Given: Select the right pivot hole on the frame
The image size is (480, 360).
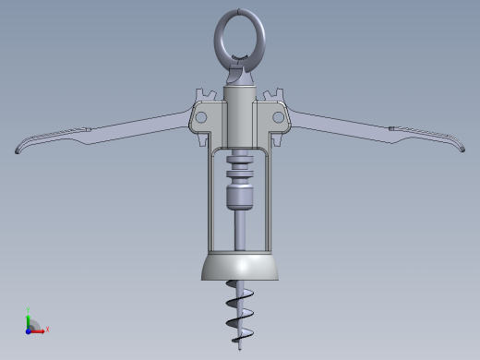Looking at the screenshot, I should click(x=277, y=117).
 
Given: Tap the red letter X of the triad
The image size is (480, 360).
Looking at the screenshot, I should click(x=47, y=329).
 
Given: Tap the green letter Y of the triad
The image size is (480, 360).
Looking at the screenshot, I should click(x=30, y=310).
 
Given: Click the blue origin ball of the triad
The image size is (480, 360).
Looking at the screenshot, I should click(x=30, y=330).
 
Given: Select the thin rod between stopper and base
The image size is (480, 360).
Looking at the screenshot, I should click(x=240, y=231).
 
